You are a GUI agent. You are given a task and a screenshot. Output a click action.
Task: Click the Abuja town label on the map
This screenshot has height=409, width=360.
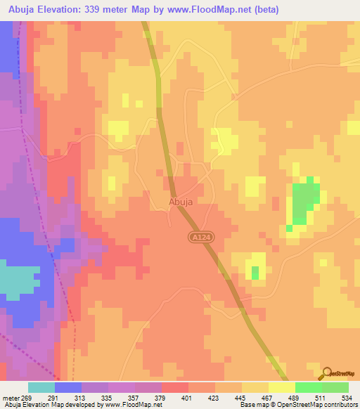pyautogui.click(x=181, y=201)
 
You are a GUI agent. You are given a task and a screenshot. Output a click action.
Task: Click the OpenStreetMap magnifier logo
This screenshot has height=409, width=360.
pyautogui.click(x=326, y=374)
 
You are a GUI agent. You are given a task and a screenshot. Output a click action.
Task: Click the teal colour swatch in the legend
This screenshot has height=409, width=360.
pyautogui.click(x=41, y=387)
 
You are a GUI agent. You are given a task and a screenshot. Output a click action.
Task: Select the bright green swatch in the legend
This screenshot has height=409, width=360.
pyautogui.click(x=308, y=387)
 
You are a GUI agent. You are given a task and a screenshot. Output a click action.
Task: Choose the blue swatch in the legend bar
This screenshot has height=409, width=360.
pyautogui.click(x=68, y=387)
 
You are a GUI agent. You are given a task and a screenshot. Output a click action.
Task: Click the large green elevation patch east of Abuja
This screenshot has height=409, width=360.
pyautogui.click(x=304, y=200)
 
